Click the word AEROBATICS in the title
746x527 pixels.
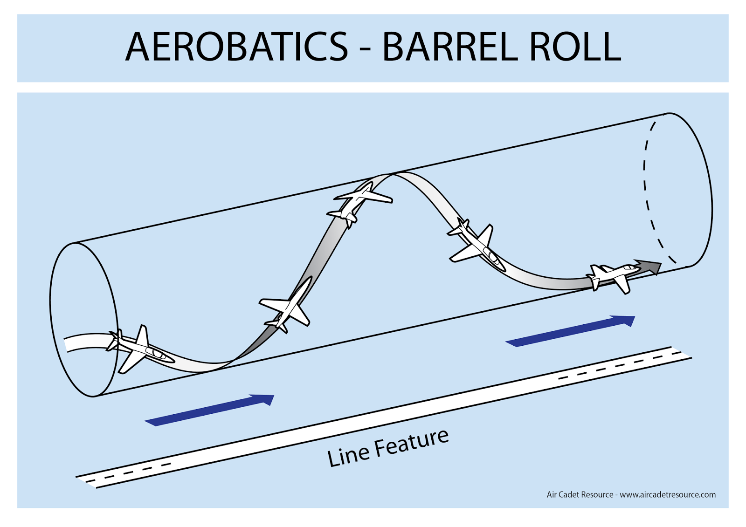point(236,47)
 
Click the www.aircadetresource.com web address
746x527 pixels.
point(667,494)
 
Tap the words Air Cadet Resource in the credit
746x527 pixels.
point(580,494)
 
